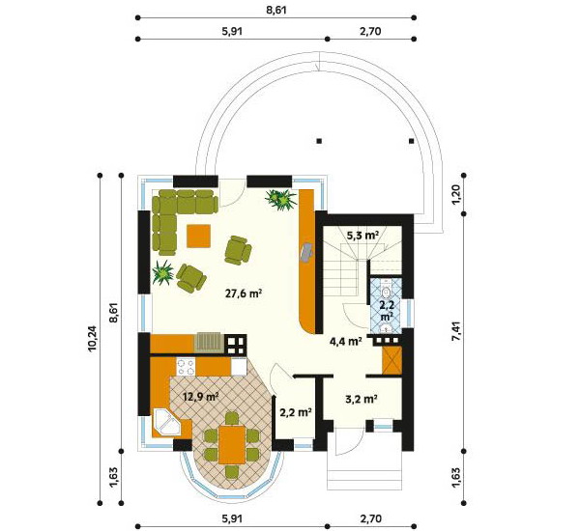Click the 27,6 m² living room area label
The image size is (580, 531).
[244, 293]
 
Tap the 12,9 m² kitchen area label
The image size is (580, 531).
[201, 397]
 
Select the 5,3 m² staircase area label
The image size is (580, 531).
[362, 235]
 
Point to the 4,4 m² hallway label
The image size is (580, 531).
[345, 341]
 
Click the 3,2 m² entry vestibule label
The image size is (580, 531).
[362, 399]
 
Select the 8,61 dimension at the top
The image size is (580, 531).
[276, 10]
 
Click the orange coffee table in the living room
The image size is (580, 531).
[198, 236]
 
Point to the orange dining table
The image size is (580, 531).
[232, 444]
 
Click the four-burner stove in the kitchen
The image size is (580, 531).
[186, 367]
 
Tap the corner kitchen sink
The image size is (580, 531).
[166, 421]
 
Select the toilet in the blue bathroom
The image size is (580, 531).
[386, 290]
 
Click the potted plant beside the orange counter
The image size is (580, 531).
[281, 199]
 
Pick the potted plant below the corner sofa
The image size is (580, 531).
[162, 272]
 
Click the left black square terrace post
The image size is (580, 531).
[319, 141]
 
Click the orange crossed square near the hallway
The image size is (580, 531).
[392, 361]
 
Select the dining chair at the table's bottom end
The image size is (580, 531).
[232, 471]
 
